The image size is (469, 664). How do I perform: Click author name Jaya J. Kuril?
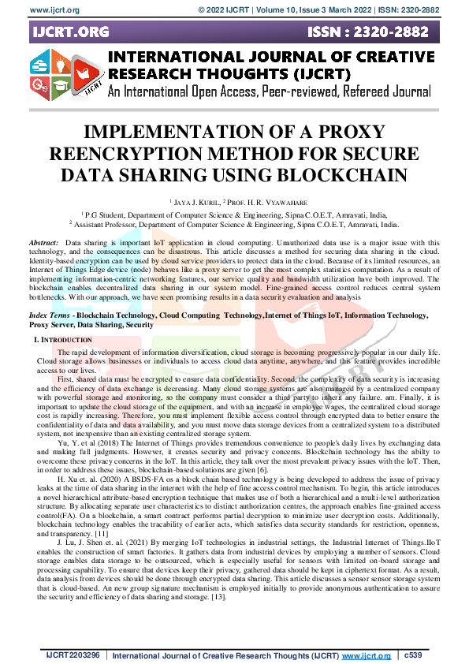pyautogui.click(x=195, y=202)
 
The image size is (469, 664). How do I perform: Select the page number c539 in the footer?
pyautogui.click(x=414, y=655)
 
